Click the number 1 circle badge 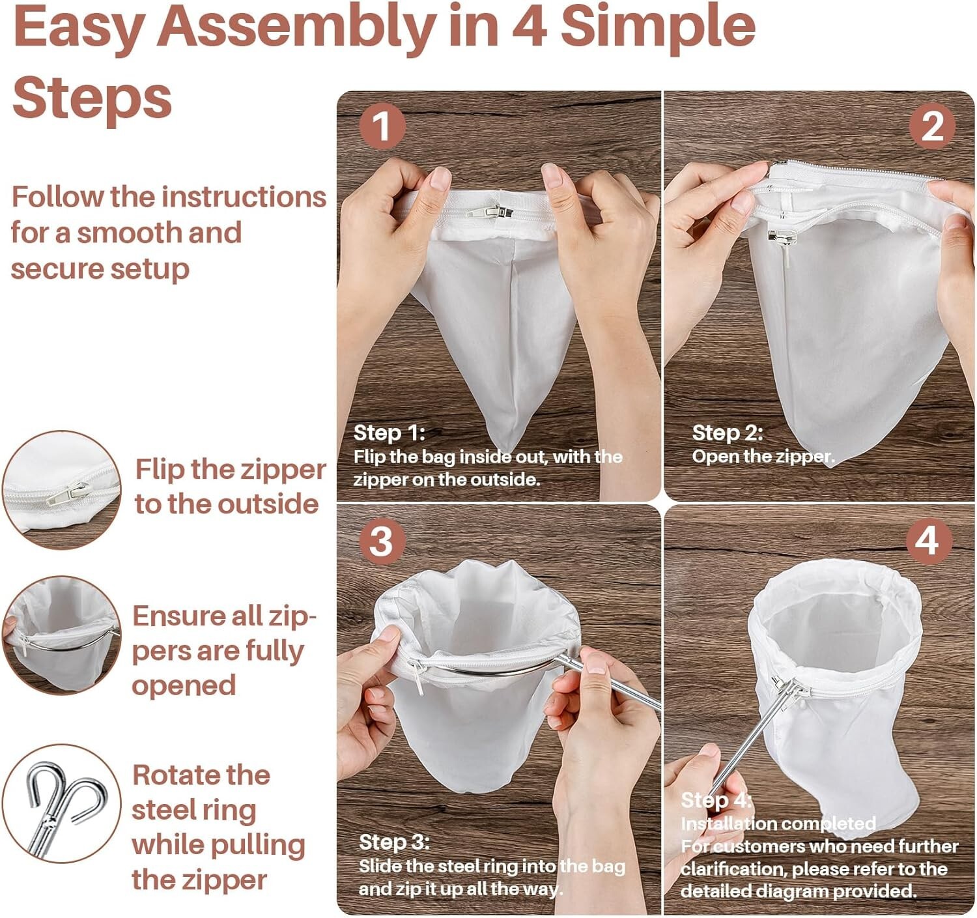(x=382, y=126)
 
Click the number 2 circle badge (x=932, y=126)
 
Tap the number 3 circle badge (x=382, y=541)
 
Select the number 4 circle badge (x=927, y=541)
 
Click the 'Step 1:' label (x=389, y=433)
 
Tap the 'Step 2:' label (x=727, y=433)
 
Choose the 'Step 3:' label (x=394, y=842)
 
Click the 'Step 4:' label (x=716, y=799)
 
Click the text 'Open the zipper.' (x=763, y=457)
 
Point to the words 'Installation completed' (x=778, y=824)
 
